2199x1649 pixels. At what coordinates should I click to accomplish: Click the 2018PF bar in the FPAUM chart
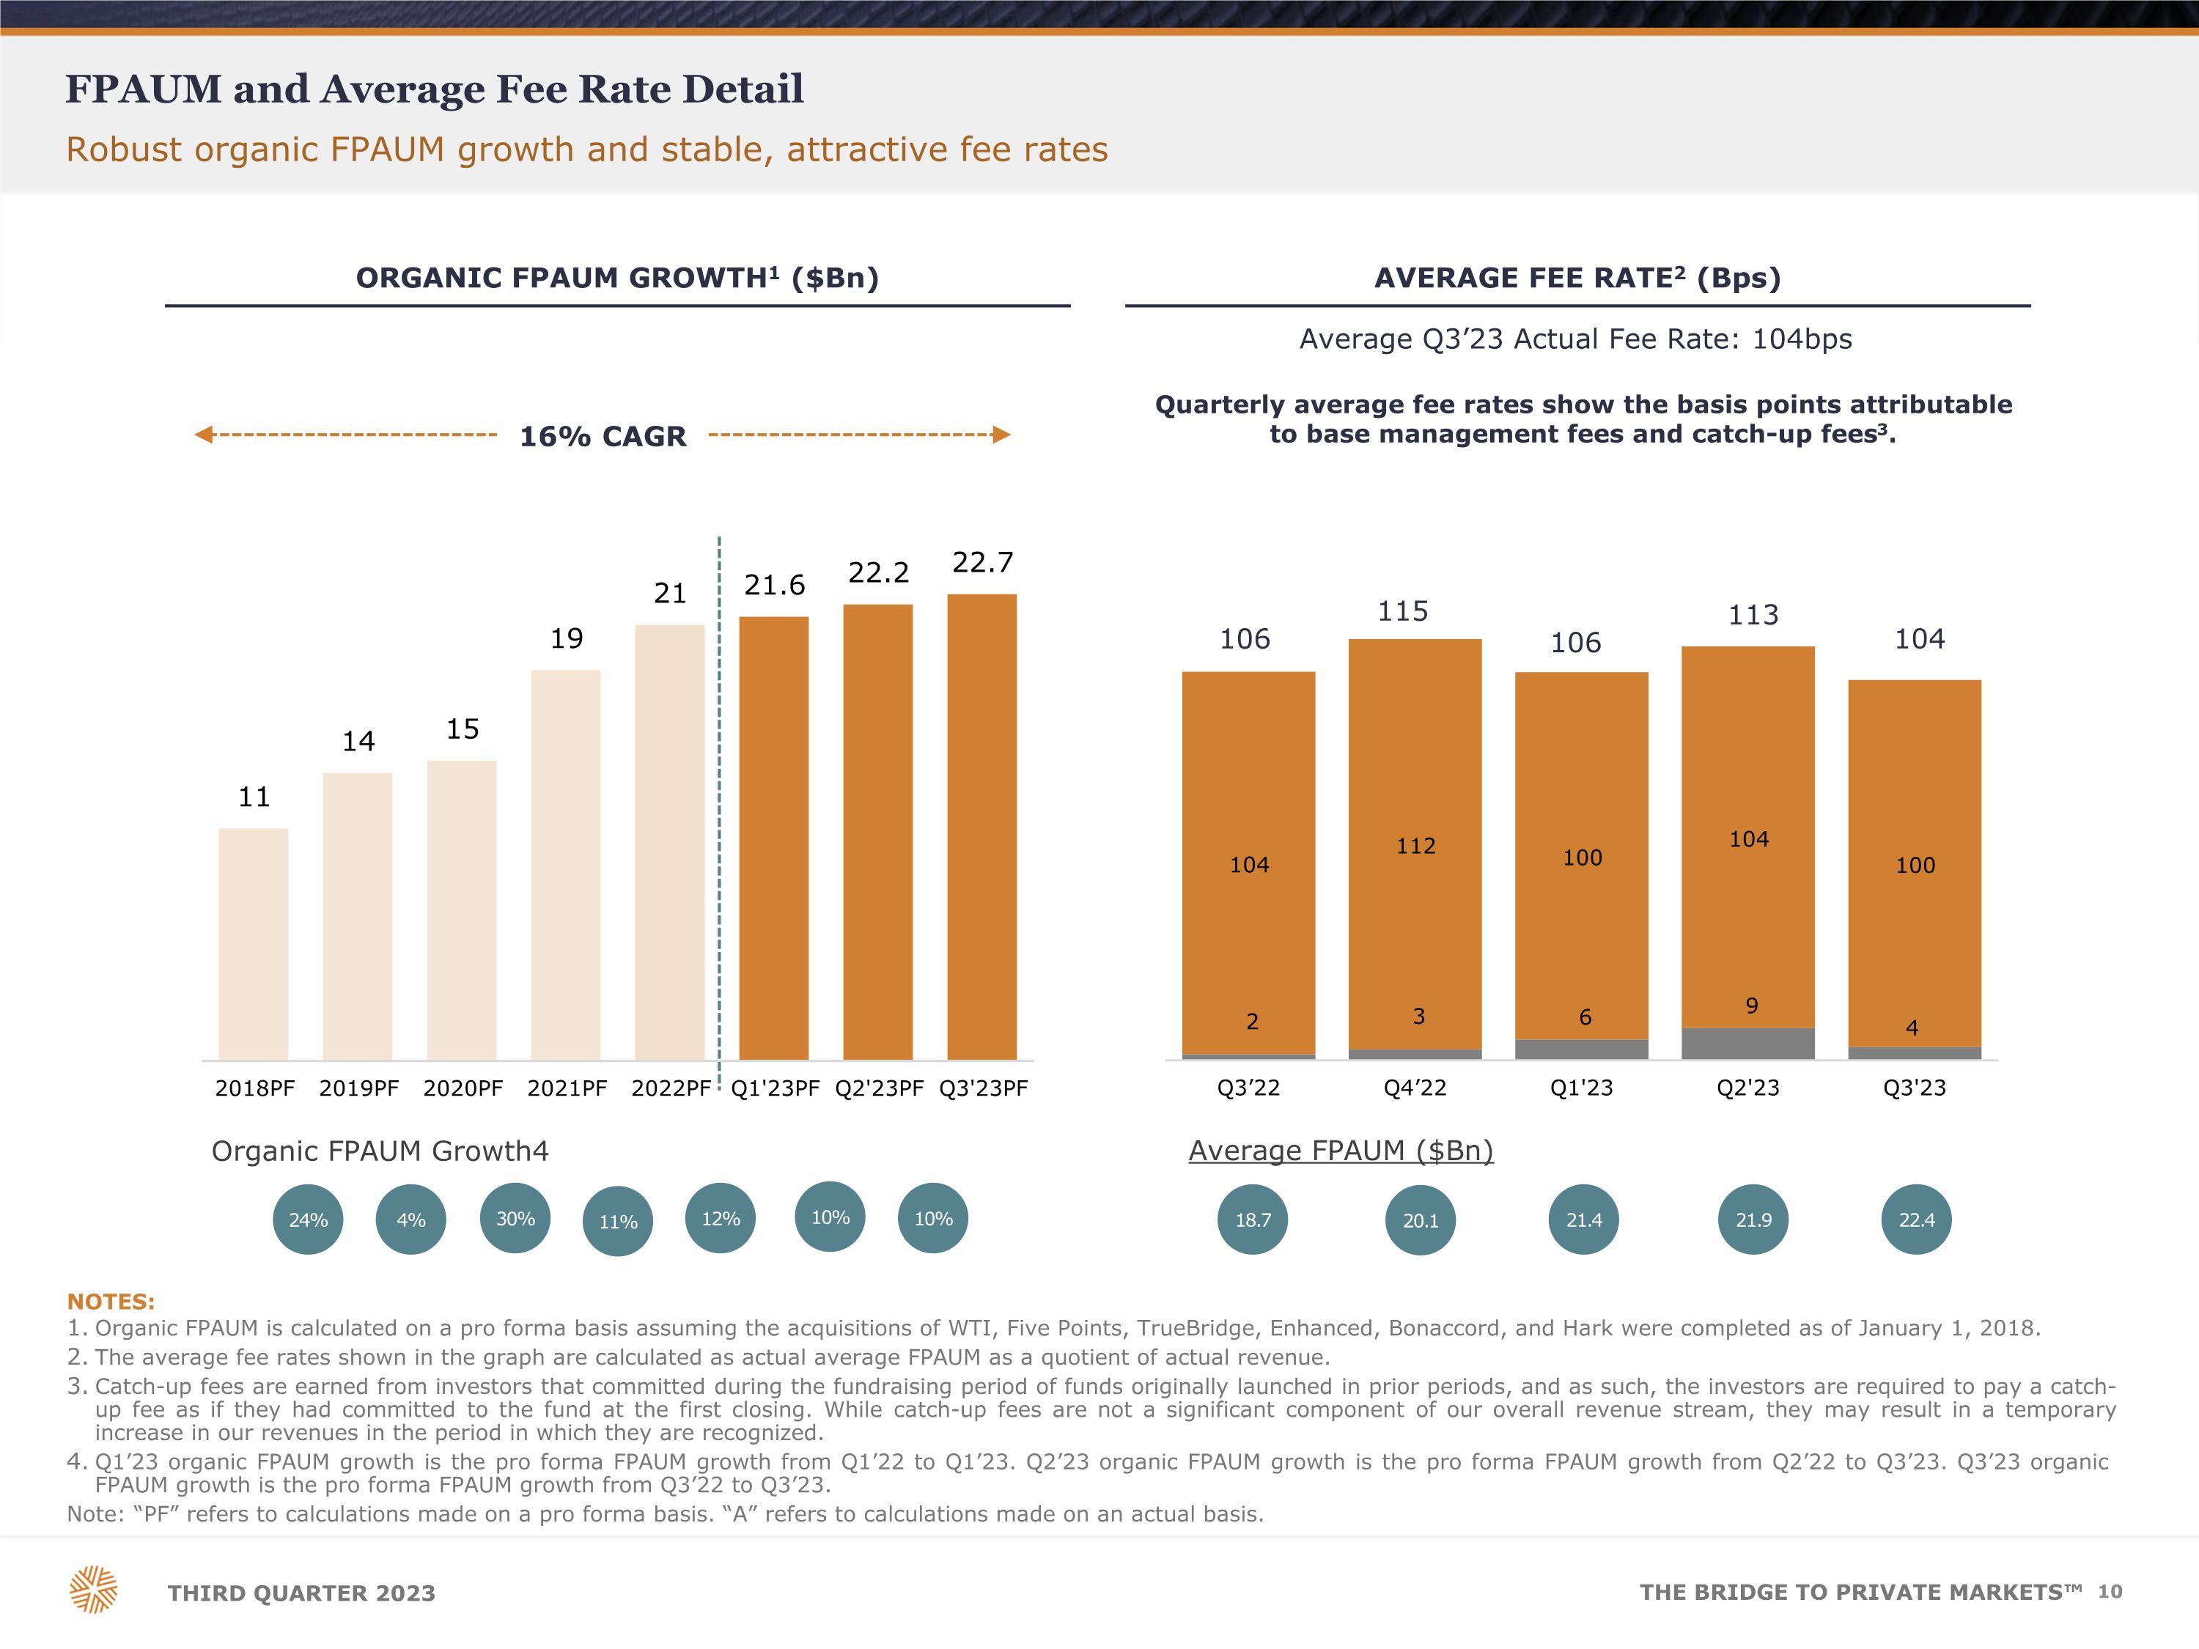tap(254, 943)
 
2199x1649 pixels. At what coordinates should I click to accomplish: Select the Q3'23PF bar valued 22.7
tap(982, 827)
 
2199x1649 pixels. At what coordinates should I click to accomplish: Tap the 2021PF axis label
tap(567, 1088)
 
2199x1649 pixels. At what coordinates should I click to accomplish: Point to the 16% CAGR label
tap(603, 436)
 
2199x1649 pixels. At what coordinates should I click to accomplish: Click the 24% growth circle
tap(308, 1220)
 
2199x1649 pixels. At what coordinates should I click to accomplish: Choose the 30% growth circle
tap(515, 1219)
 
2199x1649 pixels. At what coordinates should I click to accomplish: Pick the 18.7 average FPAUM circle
tap(1253, 1220)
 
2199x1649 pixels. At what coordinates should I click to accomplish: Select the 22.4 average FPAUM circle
tap(1917, 1220)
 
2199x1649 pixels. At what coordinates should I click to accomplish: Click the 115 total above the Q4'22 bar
tap(1403, 611)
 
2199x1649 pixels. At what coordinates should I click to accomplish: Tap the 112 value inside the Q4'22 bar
tap(1415, 846)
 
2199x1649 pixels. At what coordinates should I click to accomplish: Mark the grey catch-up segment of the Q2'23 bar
tap(1747, 1044)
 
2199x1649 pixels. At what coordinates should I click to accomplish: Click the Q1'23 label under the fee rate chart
tap(1582, 1088)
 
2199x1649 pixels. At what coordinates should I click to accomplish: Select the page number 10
tap(2110, 1591)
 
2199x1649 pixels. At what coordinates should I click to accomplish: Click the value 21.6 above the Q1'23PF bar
tap(775, 586)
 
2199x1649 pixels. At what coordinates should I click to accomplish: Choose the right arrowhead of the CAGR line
tap(1002, 435)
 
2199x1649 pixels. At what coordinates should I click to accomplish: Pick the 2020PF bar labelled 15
tap(461, 910)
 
